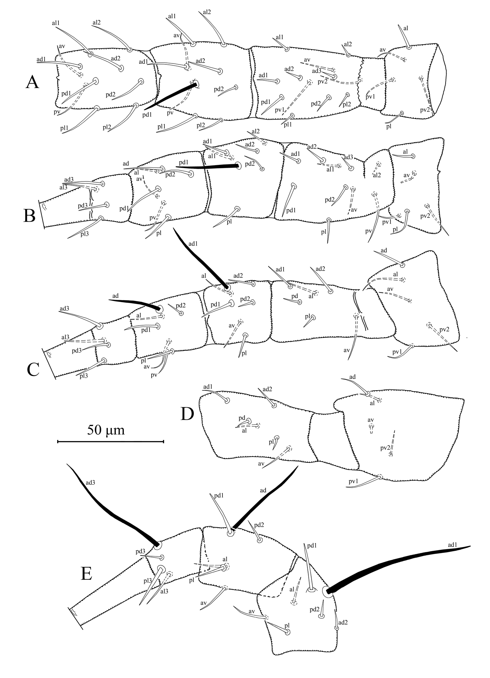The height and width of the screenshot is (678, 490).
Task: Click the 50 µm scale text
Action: [x=106, y=431]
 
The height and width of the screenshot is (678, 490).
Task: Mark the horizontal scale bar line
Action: [x=110, y=442]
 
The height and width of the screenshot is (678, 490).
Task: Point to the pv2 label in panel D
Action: [x=385, y=448]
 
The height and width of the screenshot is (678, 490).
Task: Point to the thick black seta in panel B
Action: [x=207, y=166]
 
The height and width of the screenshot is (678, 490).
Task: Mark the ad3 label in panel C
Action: [x=64, y=309]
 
